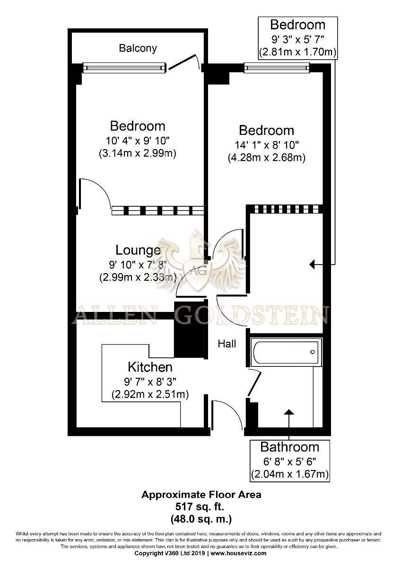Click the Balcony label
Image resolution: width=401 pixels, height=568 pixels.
click(x=138, y=48)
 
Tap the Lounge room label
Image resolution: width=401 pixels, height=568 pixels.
click(x=138, y=250)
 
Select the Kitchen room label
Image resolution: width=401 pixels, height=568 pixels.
click(x=150, y=367)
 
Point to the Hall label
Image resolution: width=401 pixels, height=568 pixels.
click(x=227, y=344)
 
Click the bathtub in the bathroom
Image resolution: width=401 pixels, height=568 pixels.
click(x=286, y=352)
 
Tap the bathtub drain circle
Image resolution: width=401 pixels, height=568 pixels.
click(x=313, y=352)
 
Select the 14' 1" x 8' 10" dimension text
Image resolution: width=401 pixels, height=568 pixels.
click(x=267, y=145)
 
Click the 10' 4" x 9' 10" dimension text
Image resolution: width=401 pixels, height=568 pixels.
click(x=138, y=141)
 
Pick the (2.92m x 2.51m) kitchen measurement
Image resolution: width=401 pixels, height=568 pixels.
click(x=150, y=394)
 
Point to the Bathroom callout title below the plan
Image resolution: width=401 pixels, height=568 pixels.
click(x=290, y=447)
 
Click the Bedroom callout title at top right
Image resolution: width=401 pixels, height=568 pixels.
click(x=297, y=25)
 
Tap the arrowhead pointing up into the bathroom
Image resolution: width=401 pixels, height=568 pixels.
click(x=289, y=412)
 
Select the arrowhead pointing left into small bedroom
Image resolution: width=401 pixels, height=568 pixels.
click(x=313, y=265)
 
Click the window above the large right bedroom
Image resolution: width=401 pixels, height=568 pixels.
click(x=277, y=67)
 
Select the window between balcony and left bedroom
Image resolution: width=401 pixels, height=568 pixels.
click(x=125, y=68)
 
